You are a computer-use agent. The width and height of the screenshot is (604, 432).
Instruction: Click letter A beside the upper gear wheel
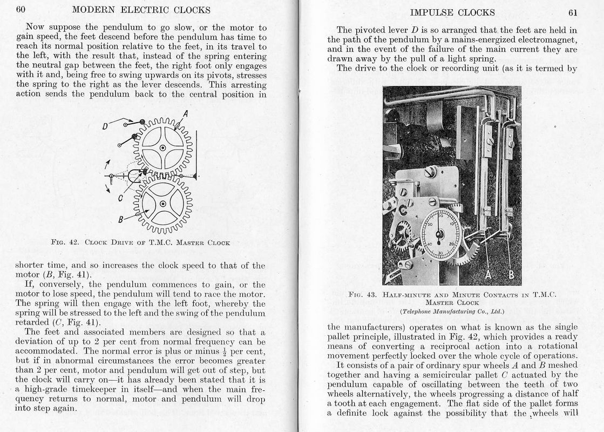point(185,114)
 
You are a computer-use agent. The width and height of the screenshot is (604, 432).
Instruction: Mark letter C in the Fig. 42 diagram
point(120,198)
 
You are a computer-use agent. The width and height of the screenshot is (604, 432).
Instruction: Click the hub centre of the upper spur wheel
point(162,147)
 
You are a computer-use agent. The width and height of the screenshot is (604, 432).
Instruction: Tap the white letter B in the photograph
point(511,275)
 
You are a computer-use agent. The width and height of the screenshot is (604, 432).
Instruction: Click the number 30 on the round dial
point(441,253)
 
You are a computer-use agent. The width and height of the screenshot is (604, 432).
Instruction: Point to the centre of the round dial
point(440,233)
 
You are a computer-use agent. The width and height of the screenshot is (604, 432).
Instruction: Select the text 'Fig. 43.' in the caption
point(364,294)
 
